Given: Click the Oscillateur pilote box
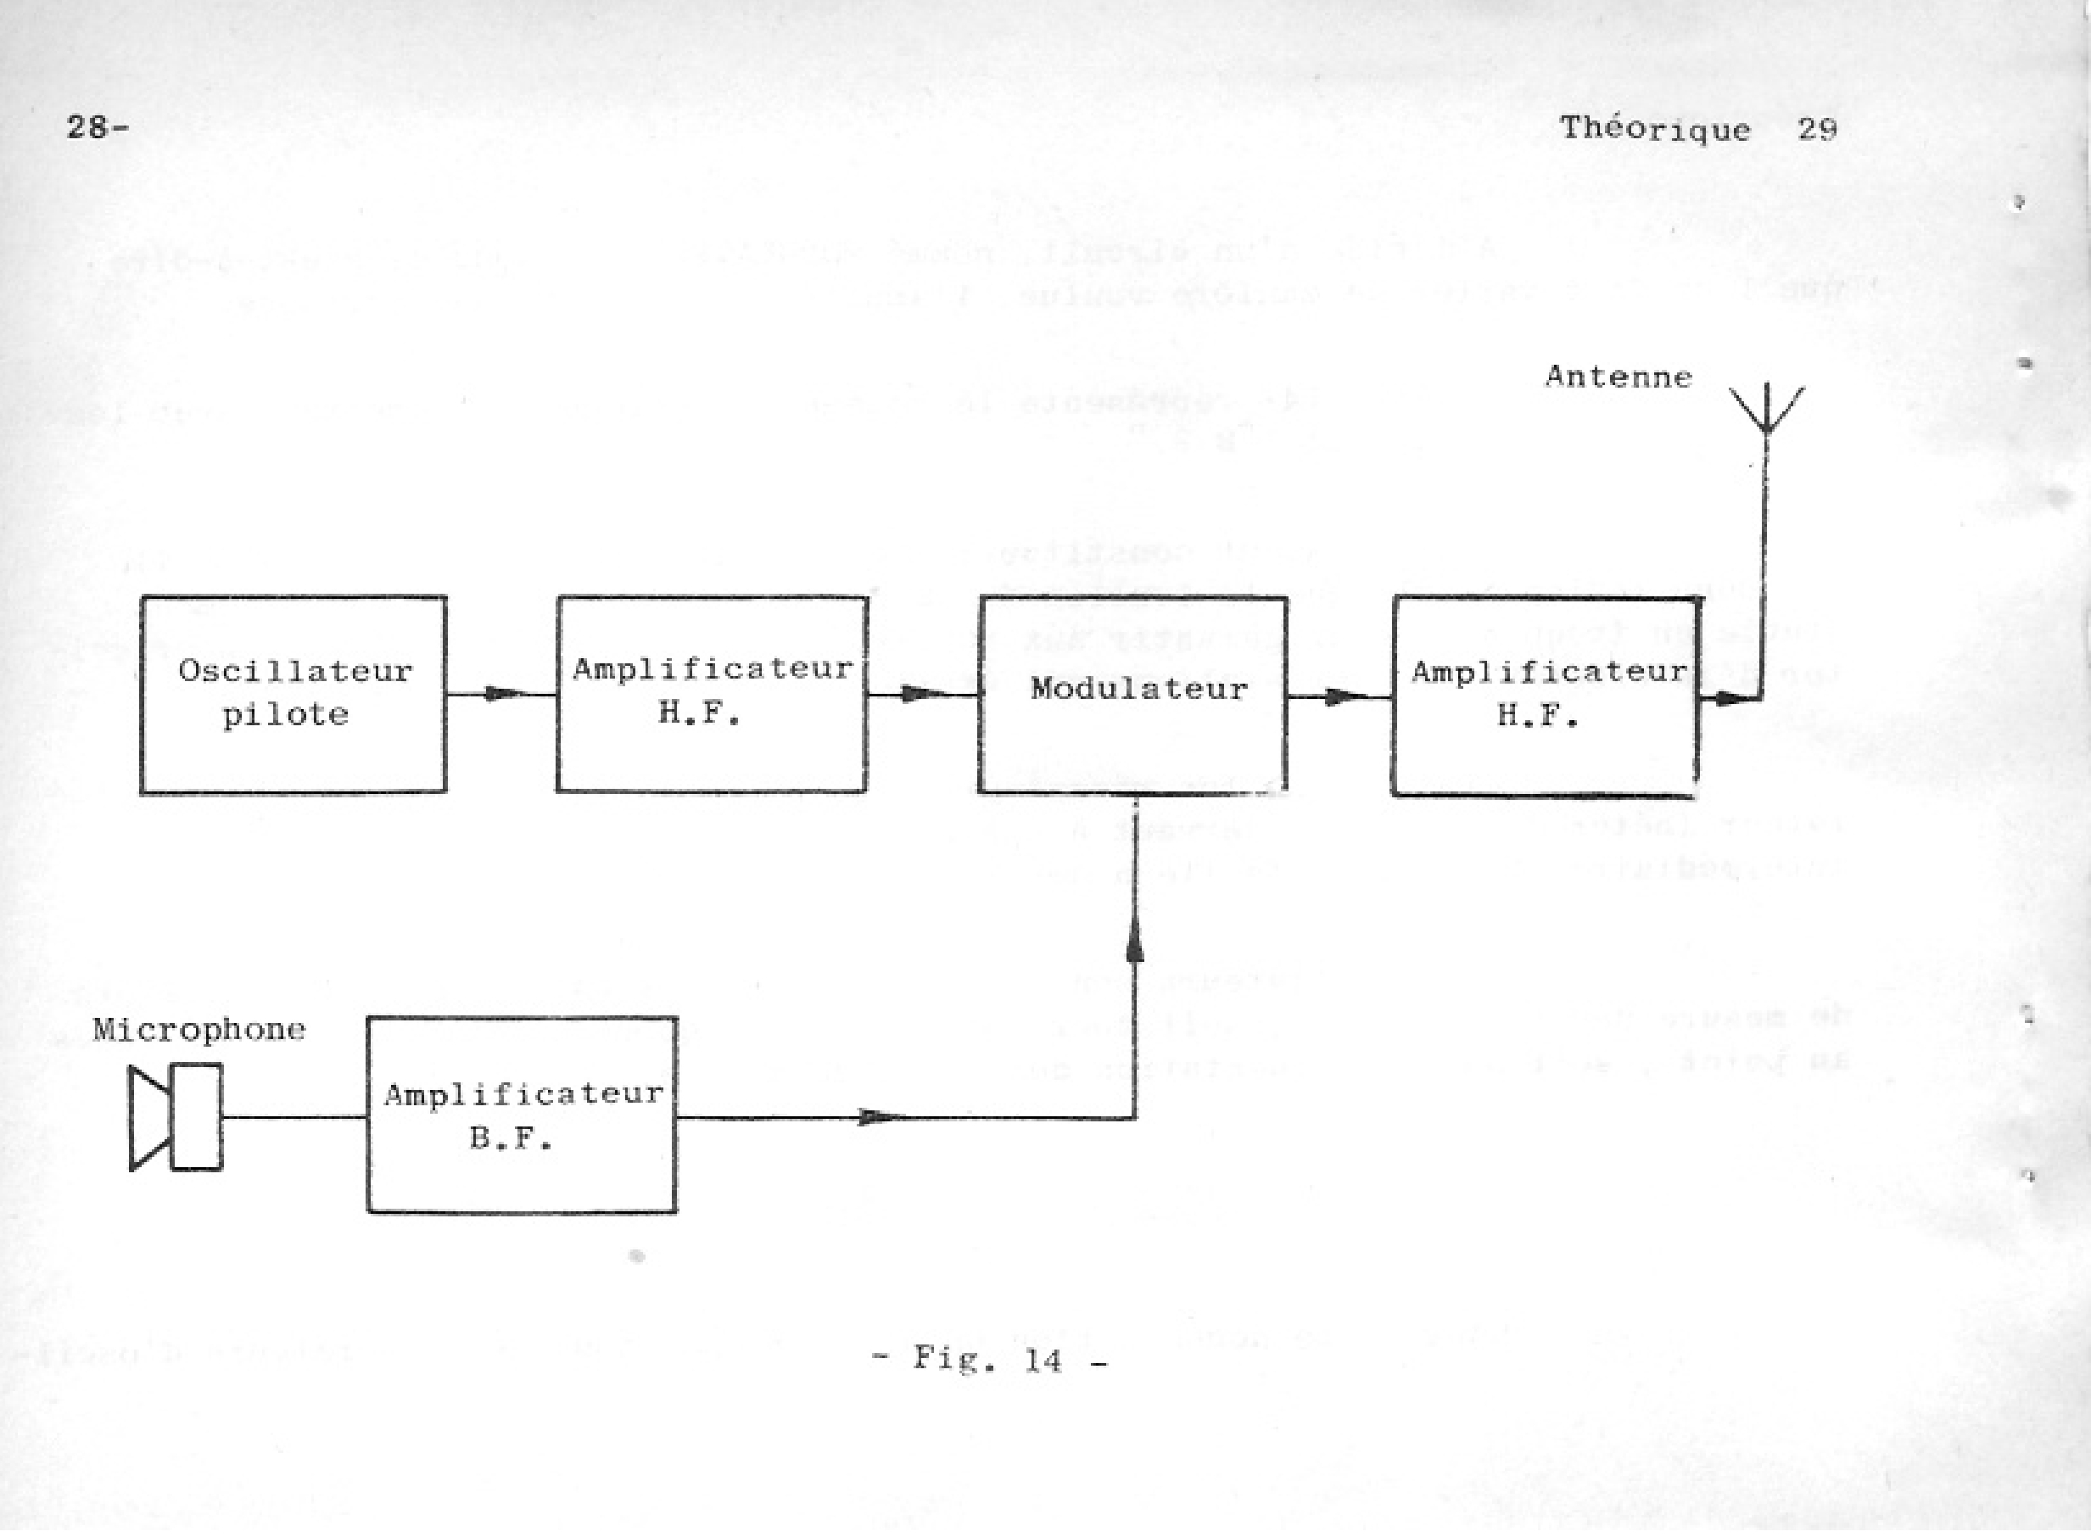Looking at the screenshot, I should click(293, 694).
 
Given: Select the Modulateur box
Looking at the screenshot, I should click(1133, 694).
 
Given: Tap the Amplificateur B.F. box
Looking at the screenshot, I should click(522, 1115).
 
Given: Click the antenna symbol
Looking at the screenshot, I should click(1765, 410).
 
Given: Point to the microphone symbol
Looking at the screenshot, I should click(176, 1117).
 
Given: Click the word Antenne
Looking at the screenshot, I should click(1619, 377).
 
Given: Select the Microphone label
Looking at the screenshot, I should click(199, 1029).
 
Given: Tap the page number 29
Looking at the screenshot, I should click(1817, 128).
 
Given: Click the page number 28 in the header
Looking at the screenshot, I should click(90, 126).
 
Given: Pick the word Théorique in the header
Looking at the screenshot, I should click(1655, 128).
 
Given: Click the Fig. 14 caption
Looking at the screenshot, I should click(989, 1360).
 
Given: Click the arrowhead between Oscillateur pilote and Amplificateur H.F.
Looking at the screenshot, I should click(502, 693).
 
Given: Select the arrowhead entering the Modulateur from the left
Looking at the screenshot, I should click(921, 693).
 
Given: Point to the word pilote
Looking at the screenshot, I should click(286, 714).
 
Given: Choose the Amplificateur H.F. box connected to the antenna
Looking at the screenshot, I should click(1544, 696).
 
